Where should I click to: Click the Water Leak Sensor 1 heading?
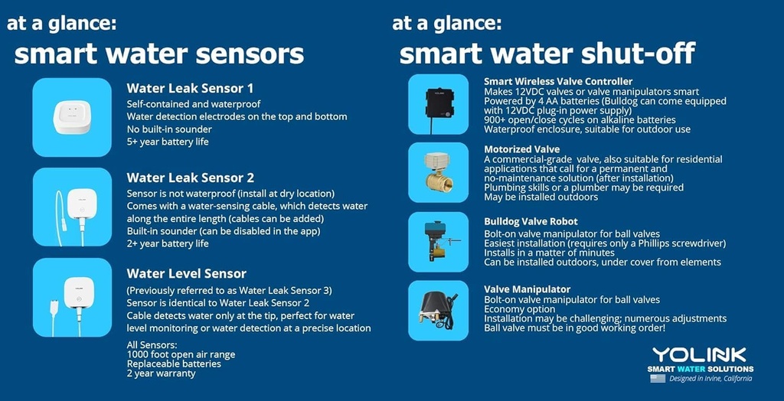point(190,88)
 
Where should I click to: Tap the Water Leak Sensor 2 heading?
point(191,178)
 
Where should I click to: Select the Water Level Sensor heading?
point(187,273)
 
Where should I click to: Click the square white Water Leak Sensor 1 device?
point(72,117)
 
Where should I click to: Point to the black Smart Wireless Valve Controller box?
point(438,104)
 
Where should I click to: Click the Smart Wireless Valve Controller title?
point(558,81)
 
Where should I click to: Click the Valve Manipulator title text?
point(527,289)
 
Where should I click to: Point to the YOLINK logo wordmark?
point(699,354)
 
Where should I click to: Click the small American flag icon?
point(658,378)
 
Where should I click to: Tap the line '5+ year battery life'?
point(167,142)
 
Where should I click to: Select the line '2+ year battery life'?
point(167,244)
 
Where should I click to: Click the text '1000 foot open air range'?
point(181,354)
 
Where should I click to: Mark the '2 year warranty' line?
point(161,373)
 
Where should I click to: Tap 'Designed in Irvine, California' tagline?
point(710,378)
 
